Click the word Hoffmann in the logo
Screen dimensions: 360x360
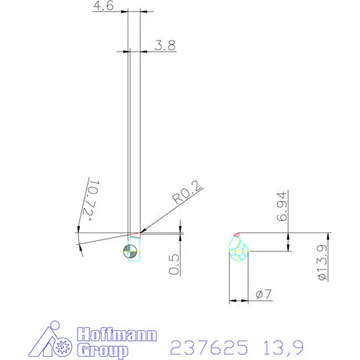pyautogui.click(x=116, y=337)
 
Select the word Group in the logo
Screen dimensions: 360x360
pyautogui.click(x=102, y=351)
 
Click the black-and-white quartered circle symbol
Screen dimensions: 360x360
pyautogui.click(x=131, y=250)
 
